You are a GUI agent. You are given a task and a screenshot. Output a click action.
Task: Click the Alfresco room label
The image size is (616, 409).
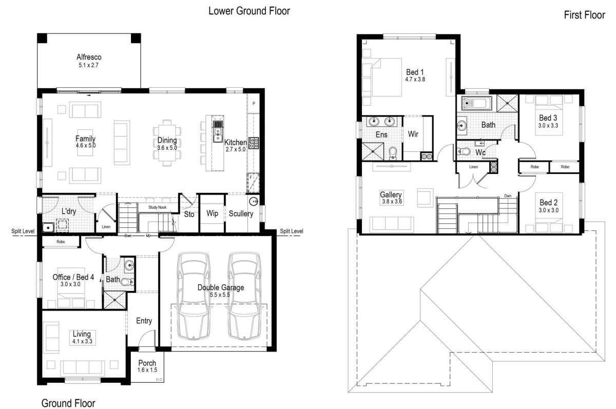89,57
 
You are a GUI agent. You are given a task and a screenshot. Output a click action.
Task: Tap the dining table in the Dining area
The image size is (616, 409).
167,143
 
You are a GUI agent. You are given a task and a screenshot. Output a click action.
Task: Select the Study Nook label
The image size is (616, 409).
157,207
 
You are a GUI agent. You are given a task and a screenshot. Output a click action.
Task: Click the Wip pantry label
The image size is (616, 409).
213,213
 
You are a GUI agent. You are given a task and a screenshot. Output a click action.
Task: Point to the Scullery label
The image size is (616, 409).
241,213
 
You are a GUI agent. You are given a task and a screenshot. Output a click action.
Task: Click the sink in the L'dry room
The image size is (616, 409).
48,227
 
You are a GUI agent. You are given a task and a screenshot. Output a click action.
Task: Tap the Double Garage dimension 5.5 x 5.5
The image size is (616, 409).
220,295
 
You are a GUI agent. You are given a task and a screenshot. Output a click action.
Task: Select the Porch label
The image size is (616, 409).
147,363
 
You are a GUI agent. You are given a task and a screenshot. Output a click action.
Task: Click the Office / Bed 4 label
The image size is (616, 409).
73,277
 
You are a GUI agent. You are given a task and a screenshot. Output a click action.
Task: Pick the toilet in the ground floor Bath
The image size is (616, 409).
128,282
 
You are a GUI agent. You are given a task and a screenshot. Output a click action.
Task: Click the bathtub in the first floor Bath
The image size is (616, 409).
477,103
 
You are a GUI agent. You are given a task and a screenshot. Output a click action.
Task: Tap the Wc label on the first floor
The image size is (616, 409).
480,152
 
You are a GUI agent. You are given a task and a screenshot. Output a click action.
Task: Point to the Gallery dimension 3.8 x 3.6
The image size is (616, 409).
392,202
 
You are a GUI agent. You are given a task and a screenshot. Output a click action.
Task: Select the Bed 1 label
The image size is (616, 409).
415,72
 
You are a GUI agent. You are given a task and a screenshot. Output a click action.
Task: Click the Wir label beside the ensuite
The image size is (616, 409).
413,134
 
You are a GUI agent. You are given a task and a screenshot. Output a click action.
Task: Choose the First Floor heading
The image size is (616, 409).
584,15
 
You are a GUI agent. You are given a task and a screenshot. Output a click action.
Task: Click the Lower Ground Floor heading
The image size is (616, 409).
249,11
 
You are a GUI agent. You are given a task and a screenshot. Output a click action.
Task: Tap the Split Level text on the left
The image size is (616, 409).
23,231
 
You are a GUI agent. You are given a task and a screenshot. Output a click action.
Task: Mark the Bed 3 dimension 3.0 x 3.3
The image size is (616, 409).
548,126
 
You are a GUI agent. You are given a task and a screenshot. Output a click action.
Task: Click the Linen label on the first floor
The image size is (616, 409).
473,167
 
